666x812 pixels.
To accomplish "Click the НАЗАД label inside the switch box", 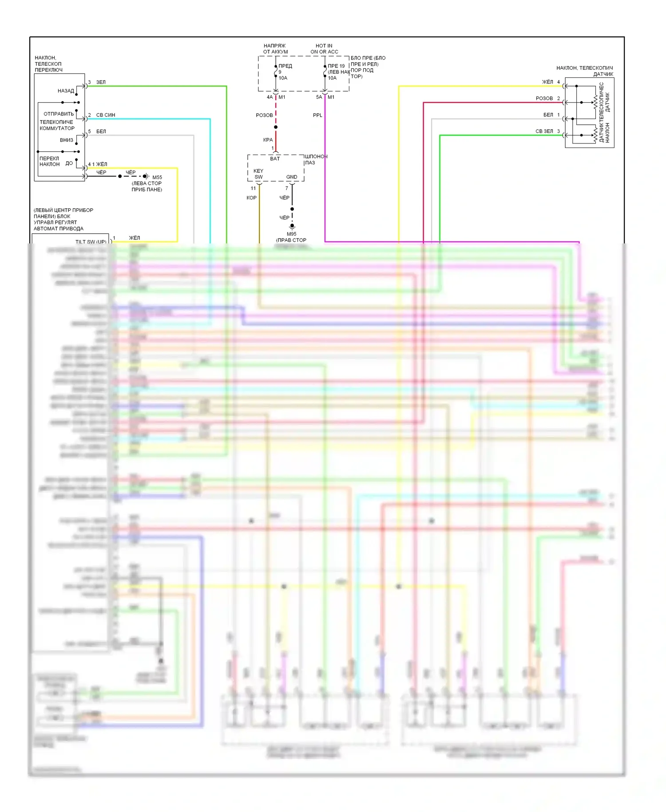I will point(66,91).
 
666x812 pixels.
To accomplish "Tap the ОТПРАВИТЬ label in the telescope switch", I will point(59,114).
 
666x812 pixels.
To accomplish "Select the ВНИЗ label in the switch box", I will point(67,140).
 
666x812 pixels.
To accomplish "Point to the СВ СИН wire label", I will point(106,115).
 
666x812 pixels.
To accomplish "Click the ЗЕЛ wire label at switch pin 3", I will point(101,82).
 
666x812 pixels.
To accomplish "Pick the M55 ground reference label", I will point(157,177).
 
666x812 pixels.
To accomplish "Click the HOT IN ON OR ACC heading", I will point(324,49).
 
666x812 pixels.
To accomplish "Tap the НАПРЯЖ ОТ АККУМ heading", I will point(275,49).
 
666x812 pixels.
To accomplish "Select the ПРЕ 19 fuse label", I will point(336,66).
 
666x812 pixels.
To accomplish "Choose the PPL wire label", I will point(317,115).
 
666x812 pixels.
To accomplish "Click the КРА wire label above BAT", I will point(268,140).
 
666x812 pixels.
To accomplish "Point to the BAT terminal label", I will point(275,159).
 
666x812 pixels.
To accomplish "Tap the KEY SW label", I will point(258,174).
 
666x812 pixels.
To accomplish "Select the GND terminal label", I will point(292,177).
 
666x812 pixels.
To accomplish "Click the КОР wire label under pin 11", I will point(251,198).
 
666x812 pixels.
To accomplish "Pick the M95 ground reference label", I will point(291,234).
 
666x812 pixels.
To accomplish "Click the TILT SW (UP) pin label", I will point(91,242).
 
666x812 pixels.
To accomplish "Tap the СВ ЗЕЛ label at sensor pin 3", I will point(544,131).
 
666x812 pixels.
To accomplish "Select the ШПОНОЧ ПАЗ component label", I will point(316,159).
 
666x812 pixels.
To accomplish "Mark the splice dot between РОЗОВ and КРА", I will point(276,127).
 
